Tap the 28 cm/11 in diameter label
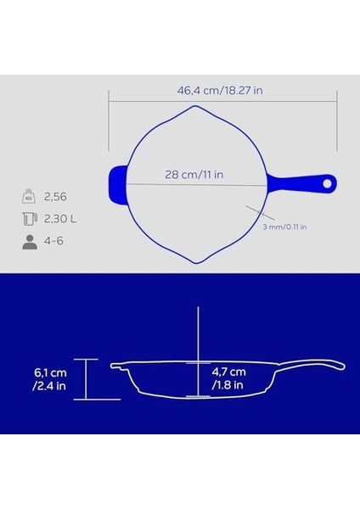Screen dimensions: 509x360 pyautogui.click(x=194, y=175)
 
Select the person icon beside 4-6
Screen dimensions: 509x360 pyautogui.click(x=28, y=242)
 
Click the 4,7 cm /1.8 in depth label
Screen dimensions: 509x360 pyautogui.click(x=228, y=378)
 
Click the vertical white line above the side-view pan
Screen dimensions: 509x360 pyautogui.click(x=198, y=335)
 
